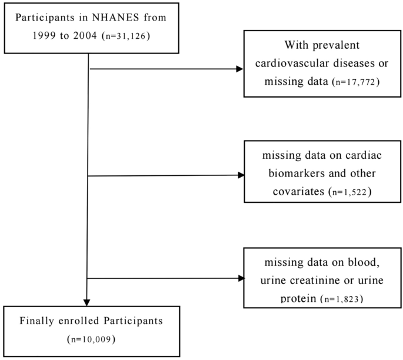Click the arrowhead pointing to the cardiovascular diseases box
239,69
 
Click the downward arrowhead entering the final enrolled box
87,302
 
